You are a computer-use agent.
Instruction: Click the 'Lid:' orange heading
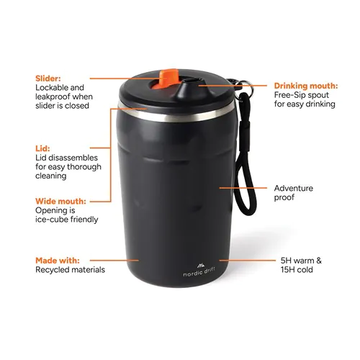coord(42,147)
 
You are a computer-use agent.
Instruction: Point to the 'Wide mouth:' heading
coord(60,201)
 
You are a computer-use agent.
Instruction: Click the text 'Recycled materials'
coord(70,270)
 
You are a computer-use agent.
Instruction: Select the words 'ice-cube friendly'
coord(66,220)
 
